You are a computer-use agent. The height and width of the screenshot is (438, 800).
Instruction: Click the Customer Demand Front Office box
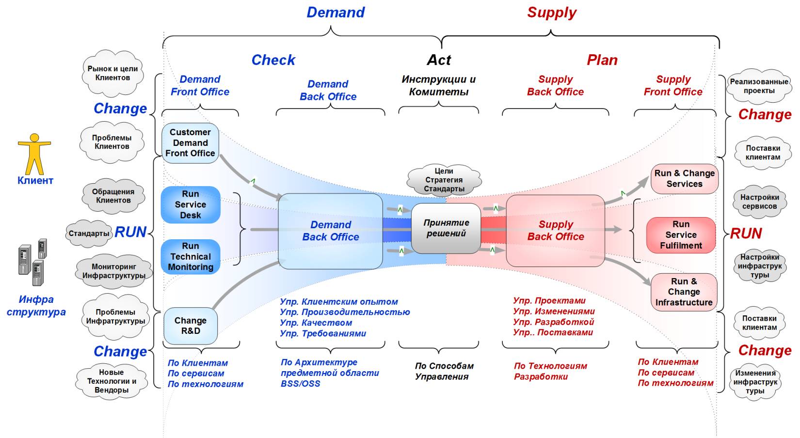pyautogui.click(x=190, y=143)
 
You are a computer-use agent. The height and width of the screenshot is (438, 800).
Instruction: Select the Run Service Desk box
pyautogui.click(x=191, y=205)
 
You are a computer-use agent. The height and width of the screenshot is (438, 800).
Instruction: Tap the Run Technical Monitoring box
pyautogui.click(x=191, y=257)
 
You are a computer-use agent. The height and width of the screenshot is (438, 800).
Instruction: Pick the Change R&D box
pyautogui.click(x=191, y=326)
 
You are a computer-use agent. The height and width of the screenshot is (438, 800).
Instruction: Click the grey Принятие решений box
pyautogui.click(x=446, y=228)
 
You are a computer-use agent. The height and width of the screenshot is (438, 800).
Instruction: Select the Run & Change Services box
pyautogui.click(x=684, y=179)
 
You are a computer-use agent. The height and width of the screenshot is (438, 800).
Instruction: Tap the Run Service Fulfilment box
pyautogui.click(x=681, y=235)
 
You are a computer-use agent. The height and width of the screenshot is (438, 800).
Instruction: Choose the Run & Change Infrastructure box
pyautogui.click(x=684, y=292)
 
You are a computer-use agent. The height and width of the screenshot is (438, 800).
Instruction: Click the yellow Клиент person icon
pyautogui.click(x=34, y=154)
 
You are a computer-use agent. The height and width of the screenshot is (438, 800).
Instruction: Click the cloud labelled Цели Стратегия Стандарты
pyautogui.click(x=444, y=180)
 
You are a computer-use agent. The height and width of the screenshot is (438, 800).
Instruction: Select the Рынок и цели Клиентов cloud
pyautogui.click(x=112, y=73)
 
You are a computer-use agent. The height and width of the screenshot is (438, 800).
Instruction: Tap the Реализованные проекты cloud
pyautogui.click(x=759, y=86)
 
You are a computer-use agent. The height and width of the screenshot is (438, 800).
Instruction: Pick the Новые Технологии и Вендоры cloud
pyautogui.click(x=112, y=381)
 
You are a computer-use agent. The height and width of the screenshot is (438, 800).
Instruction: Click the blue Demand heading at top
pyautogui.click(x=336, y=13)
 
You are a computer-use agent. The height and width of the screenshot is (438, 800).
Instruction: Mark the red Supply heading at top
pyautogui.click(x=552, y=13)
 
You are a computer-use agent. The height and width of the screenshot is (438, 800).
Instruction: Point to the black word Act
pyautogui.click(x=439, y=60)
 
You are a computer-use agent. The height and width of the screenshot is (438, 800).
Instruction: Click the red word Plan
pyautogui.click(x=602, y=60)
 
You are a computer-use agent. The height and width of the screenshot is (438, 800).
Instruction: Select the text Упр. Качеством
pyautogui.click(x=316, y=323)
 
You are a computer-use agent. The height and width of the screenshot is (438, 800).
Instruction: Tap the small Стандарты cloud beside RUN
pyautogui.click(x=89, y=234)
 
